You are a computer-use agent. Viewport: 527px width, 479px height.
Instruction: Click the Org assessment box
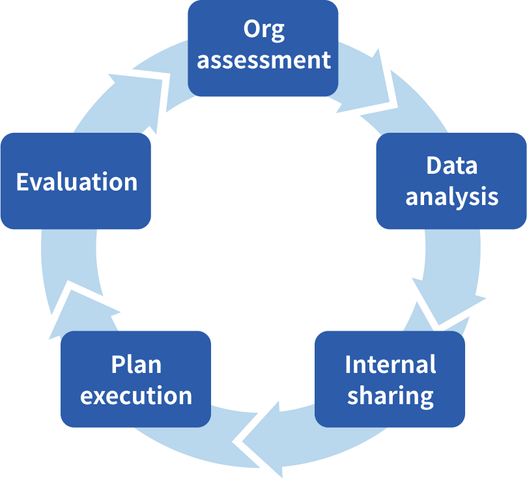[x=263, y=48]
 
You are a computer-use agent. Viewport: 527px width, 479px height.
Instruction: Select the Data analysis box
[x=451, y=181]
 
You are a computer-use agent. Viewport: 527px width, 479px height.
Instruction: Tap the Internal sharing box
[x=390, y=379]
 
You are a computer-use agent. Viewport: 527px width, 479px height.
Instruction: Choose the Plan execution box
[x=135, y=379]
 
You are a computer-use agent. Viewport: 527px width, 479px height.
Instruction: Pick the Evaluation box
[x=76, y=182]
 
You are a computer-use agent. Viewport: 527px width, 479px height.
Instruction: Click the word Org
[x=264, y=30]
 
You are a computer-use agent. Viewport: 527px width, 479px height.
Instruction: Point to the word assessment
[x=264, y=61]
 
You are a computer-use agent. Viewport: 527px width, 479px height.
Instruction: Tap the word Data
[x=451, y=165]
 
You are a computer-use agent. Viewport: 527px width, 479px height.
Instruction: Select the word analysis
[x=452, y=197]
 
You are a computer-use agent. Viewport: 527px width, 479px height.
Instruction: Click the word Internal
[x=390, y=364]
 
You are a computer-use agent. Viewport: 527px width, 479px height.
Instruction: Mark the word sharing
[x=390, y=395]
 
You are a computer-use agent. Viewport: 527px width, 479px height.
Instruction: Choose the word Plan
[x=135, y=364]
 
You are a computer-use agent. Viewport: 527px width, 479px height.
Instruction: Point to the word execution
[x=136, y=395]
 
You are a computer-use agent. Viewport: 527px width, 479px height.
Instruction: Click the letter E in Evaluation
[x=23, y=182]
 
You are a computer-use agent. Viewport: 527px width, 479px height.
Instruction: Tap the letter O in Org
[x=251, y=29]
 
